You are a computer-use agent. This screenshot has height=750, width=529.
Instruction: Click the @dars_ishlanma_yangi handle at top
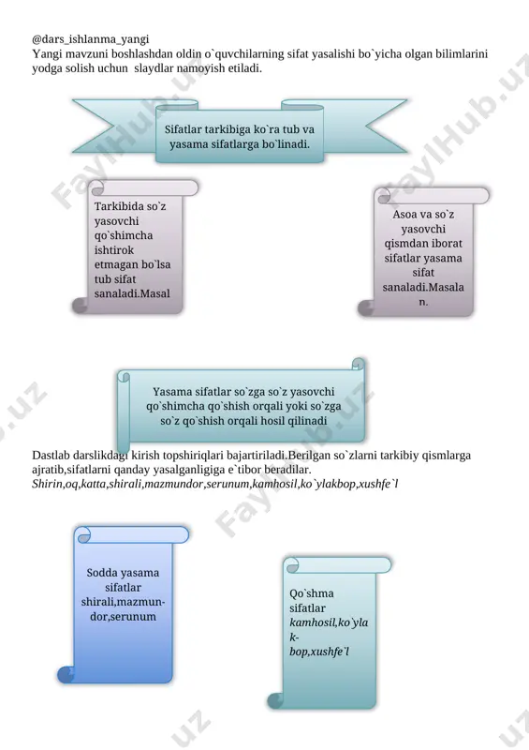pos(90,39)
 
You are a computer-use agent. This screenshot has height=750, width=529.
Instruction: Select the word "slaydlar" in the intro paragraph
pos(154,67)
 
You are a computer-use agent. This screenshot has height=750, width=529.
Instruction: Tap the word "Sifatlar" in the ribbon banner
pos(183,129)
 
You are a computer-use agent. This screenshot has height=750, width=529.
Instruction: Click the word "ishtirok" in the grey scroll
pos(113,250)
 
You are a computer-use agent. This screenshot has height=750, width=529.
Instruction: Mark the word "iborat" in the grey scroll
pos(446,244)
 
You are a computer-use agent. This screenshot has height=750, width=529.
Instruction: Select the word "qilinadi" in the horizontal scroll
pos(307,421)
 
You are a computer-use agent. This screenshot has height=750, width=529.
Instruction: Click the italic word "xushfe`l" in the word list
pos(378,484)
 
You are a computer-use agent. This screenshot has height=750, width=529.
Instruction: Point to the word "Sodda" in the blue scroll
pos(102,573)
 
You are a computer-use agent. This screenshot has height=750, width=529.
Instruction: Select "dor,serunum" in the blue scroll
pos(123,617)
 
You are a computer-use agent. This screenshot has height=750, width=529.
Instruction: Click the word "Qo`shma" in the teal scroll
pos(312,593)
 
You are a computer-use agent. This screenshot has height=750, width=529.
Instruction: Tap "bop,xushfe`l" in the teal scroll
pos(319,652)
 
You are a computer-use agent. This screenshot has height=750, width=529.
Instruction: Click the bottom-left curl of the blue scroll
pos(66,674)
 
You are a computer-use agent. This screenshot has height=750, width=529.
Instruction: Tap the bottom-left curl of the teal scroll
pos(275,700)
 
